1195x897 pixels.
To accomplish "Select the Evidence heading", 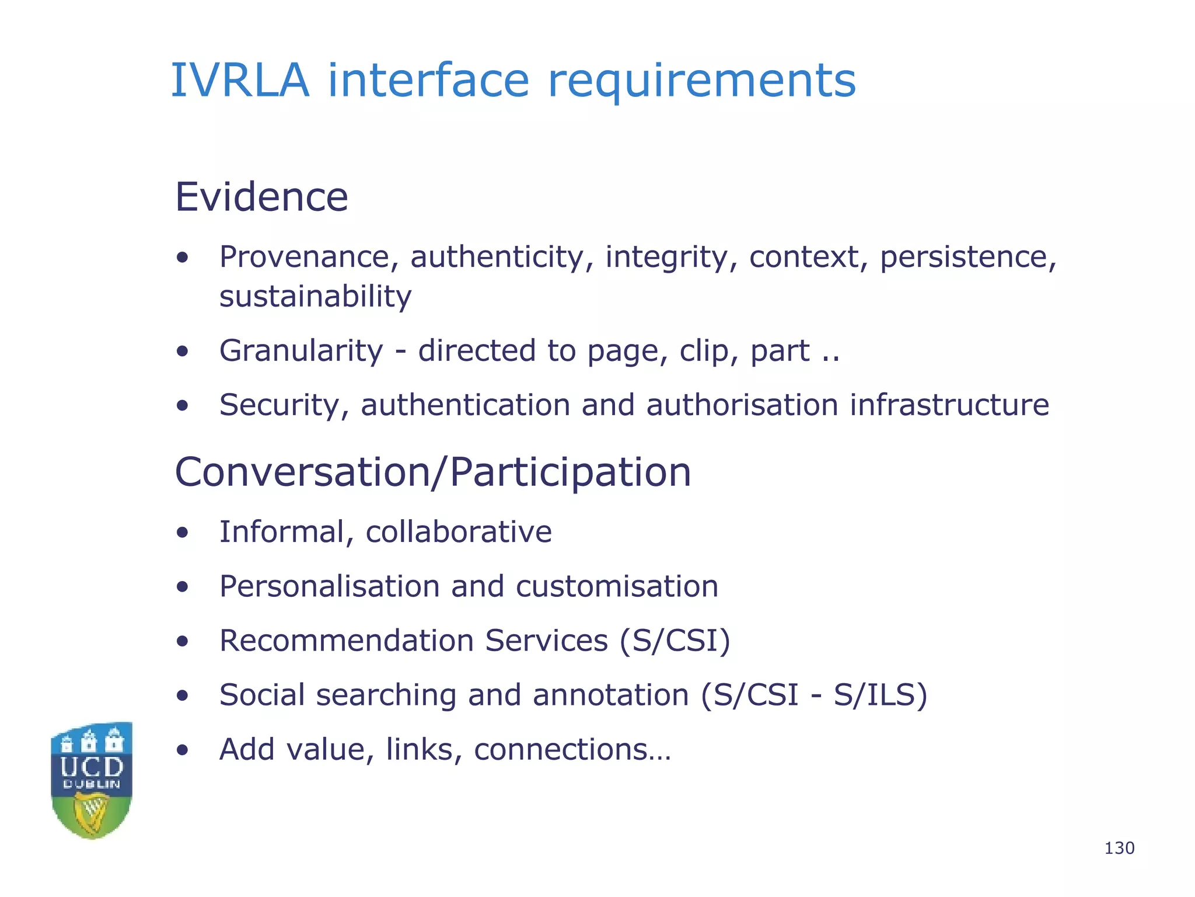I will (x=261, y=197).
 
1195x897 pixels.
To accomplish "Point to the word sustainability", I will (x=315, y=297).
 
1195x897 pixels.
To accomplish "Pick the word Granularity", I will (x=301, y=351).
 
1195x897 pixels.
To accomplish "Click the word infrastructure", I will (x=949, y=405).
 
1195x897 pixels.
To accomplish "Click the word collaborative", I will (x=459, y=532).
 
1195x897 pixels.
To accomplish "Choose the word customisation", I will (x=617, y=586).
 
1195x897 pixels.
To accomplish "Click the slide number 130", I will (x=1119, y=848).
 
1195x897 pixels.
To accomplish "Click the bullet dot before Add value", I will (x=183, y=750).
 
